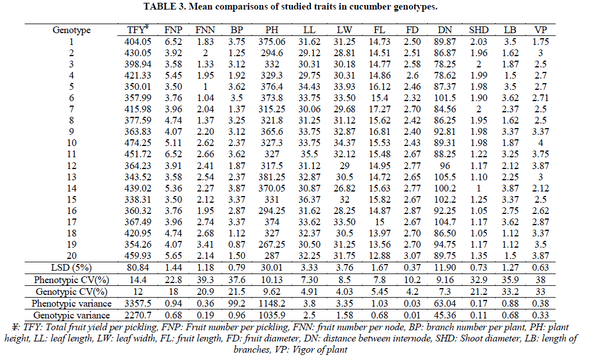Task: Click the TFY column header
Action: coord(136,30)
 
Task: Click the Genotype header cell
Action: coord(71,30)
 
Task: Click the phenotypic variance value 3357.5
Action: coord(138,302)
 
